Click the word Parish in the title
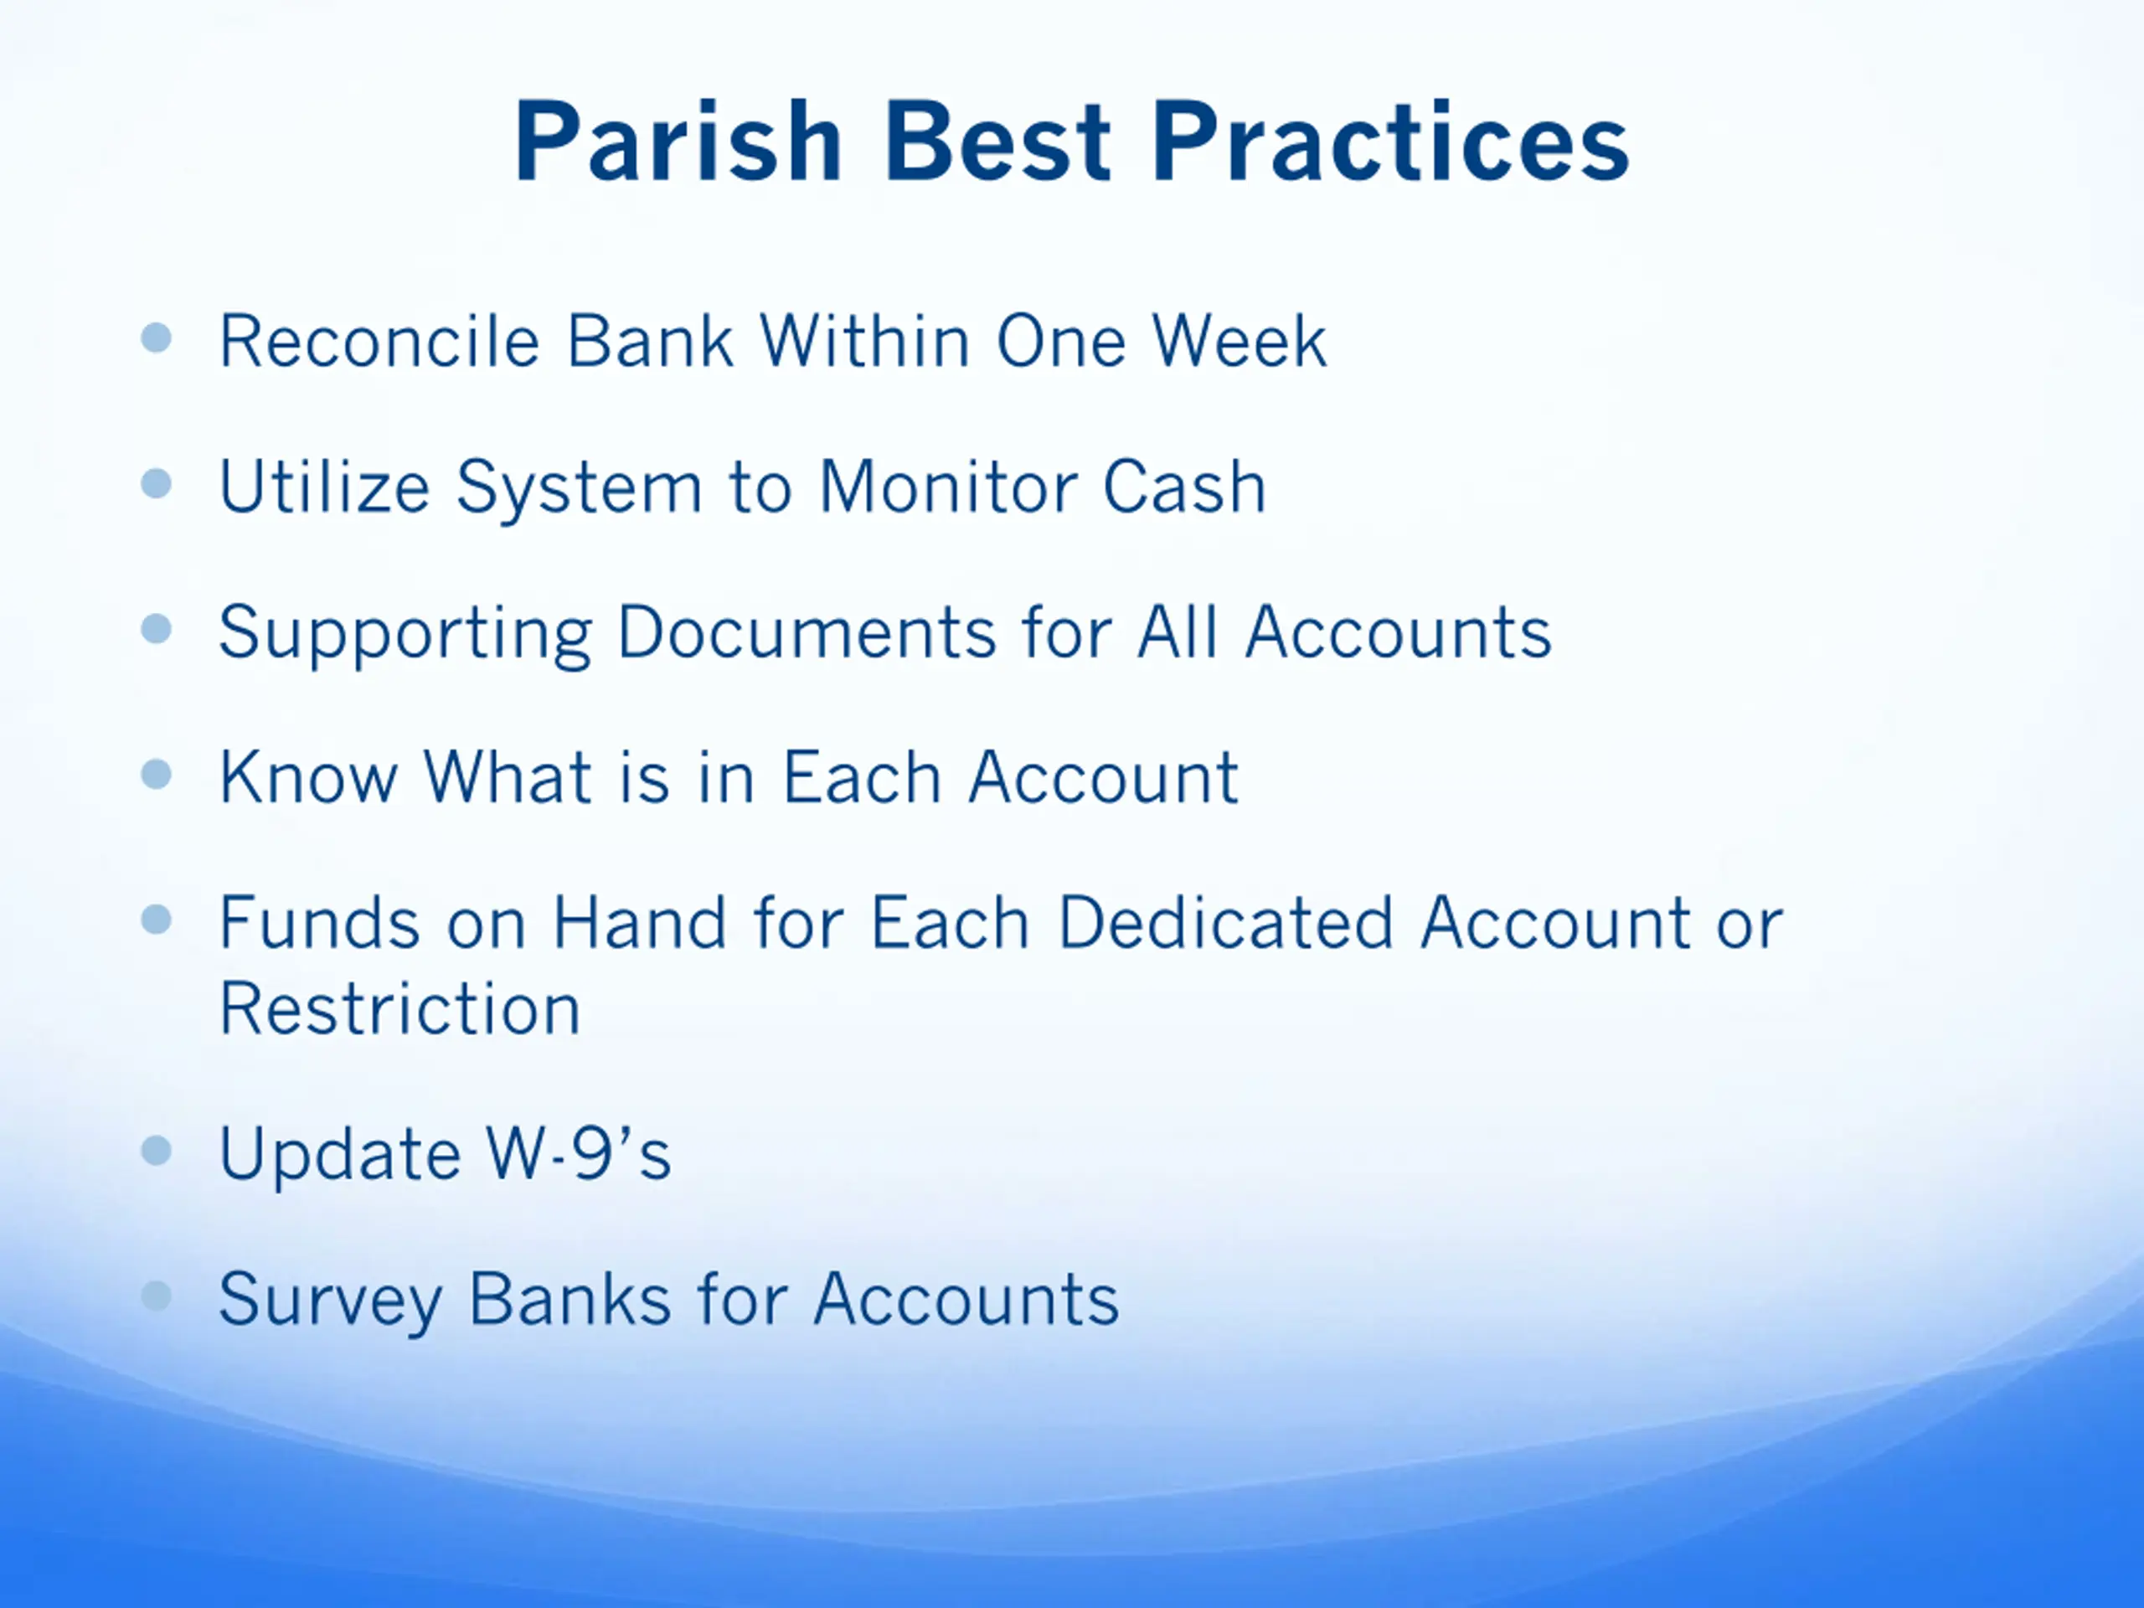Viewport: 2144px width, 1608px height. (x=678, y=142)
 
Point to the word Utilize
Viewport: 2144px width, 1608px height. (x=324, y=486)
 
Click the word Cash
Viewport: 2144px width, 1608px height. (x=1183, y=486)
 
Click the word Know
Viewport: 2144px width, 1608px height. (x=308, y=776)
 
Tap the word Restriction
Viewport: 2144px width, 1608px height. (x=399, y=1008)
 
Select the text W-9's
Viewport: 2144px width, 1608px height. (x=579, y=1152)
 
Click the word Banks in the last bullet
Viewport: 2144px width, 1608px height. (x=570, y=1298)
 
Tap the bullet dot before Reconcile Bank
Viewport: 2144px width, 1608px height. (x=156, y=338)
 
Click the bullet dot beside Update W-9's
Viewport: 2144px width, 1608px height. (x=156, y=1151)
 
